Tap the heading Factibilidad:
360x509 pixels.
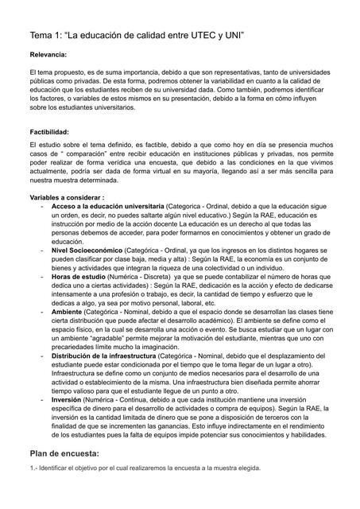(48, 131)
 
